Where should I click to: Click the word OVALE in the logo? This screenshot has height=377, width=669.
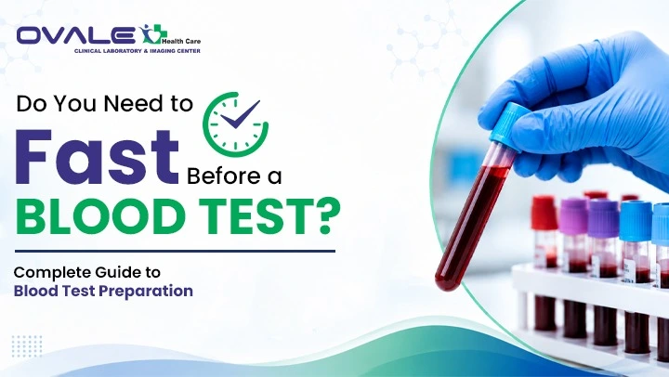[76, 35]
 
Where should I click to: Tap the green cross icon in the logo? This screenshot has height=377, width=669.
[151, 34]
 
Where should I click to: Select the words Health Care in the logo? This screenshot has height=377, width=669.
[181, 42]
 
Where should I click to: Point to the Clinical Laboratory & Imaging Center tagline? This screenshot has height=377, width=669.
[137, 51]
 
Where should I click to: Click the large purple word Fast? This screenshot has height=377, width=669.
[97, 157]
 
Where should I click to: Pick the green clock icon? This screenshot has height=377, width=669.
[235, 124]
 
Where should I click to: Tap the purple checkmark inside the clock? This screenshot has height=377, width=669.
[240, 114]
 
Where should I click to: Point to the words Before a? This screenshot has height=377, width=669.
[234, 176]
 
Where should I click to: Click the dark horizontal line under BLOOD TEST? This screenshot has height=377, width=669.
[175, 252]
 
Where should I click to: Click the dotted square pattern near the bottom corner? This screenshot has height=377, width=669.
[27, 345]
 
